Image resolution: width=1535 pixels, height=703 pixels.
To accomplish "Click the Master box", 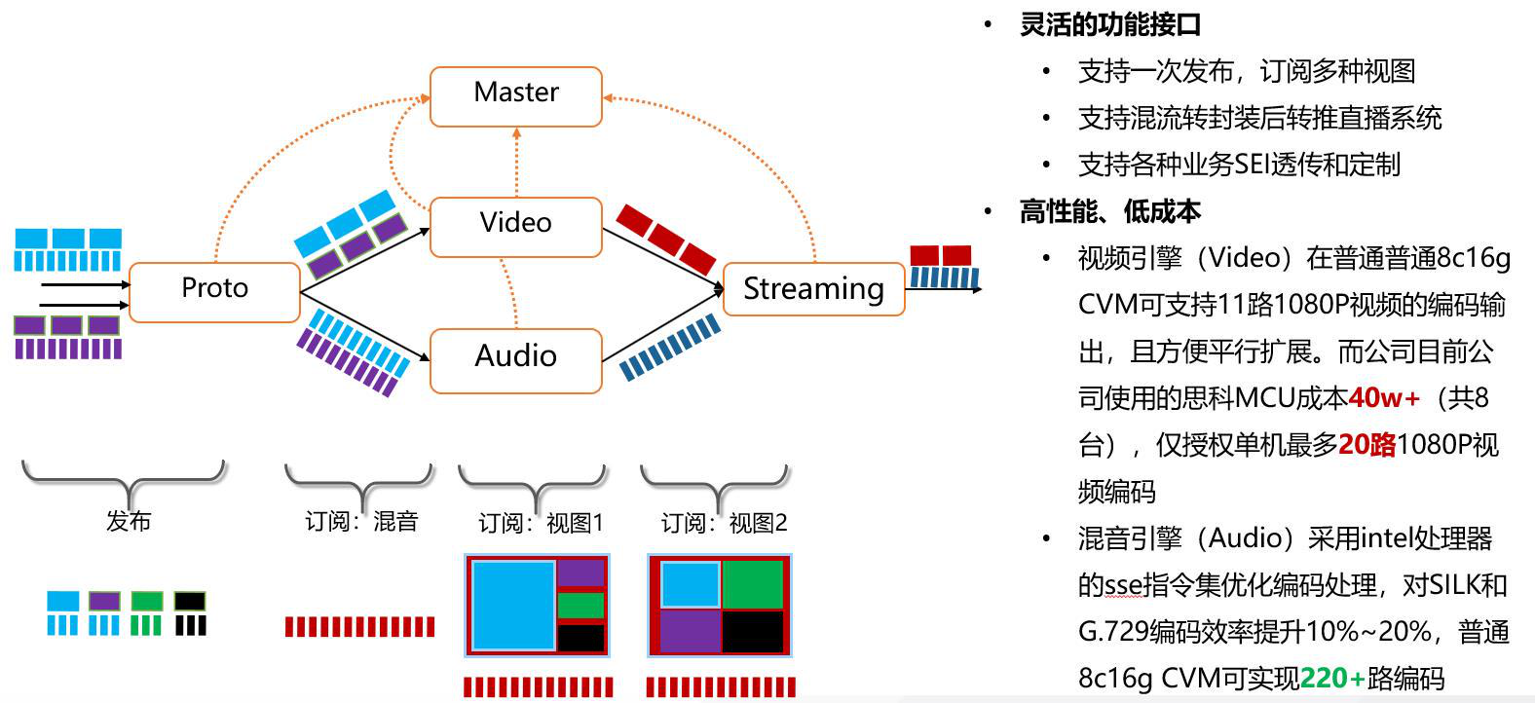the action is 516,96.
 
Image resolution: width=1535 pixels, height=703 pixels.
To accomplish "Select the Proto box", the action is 214,292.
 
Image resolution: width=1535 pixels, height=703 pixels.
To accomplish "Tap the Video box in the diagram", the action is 516,228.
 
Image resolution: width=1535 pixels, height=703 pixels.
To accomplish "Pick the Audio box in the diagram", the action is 516,361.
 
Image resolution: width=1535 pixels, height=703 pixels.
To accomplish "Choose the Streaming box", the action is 814,289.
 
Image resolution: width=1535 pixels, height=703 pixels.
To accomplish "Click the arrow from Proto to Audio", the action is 365,326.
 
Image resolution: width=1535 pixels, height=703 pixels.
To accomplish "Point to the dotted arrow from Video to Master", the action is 516,163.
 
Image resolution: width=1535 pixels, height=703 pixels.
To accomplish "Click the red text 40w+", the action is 1384,397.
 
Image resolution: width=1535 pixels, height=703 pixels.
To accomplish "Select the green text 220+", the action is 1332,678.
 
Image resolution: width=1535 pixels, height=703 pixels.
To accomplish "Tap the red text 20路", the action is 1367,445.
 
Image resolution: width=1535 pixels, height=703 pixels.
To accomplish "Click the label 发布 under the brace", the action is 129,521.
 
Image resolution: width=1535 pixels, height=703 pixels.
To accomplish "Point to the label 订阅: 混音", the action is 361,522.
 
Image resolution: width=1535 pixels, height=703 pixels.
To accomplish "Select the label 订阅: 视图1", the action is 541,523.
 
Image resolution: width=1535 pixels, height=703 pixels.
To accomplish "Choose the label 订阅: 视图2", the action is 724,523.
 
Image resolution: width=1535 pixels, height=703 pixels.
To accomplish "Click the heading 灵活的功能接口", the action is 1110,24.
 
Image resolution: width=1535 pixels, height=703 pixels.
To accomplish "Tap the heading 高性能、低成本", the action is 1110,211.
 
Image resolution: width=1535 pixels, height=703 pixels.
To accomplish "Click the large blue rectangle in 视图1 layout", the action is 513,605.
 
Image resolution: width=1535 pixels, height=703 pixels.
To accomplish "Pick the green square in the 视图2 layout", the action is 753,584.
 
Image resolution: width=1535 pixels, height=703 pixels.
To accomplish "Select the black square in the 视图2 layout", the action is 753,632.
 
